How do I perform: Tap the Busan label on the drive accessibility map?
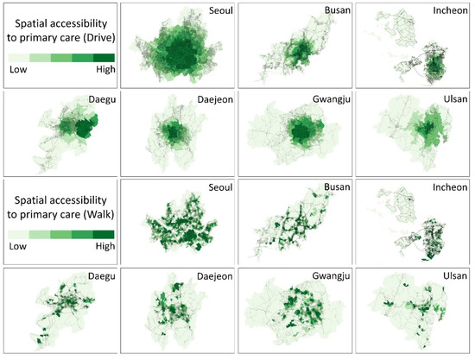tap(331, 11)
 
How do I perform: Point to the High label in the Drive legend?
tap(100, 75)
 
